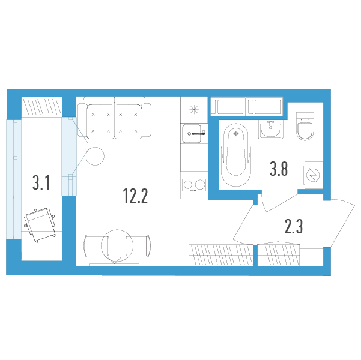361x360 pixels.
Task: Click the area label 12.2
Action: pyautogui.click(x=135, y=196)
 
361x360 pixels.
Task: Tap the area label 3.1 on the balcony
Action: pyautogui.click(x=41, y=182)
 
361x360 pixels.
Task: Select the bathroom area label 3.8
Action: pyautogui.click(x=279, y=169)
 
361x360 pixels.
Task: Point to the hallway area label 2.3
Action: pyautogui.click(x=294, y=226)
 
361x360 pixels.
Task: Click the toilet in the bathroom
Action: pyautogui.click(x=305, y=126)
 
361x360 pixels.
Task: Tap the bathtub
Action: pyautogui.click(x=235, y=155)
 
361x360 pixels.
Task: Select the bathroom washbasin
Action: pyautogui.click(x=271, y=130)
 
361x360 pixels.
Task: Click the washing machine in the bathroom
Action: pyautogui.click(x=314, y=175)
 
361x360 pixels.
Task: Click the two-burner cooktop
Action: pyautogui.click(x=194, y=185)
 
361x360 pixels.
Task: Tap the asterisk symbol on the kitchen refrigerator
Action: pyautogui.click(x=194, y=109)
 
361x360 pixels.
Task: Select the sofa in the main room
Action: pyautogui.click(x=114, y=118)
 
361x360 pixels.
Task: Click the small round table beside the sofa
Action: pyautogui.click(x=95, y=156)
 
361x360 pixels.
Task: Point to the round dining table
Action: pyautogui.click(x=117, y=245)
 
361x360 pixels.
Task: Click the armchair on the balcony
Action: pyautogui.click(x=40, y=224)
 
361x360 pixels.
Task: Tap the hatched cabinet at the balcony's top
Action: pyautogui.click(x=41, y=106)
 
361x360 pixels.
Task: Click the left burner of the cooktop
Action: pyautogui.click(x=188, y=185)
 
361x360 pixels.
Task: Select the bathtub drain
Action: pyautogui.click(x=235, y=133)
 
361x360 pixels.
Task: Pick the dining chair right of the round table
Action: pyautogui.click(x=138, y=246)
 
